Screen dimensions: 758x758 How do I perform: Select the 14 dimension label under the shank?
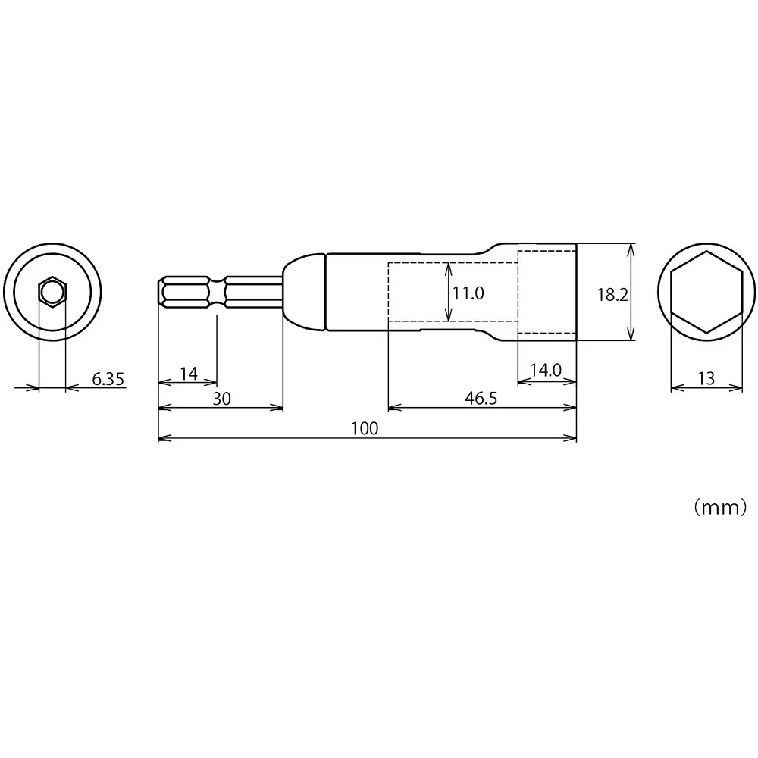(x=188, y=373)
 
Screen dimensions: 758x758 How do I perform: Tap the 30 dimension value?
(x=221, y=399)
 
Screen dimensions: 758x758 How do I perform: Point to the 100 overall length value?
(x=365, y=429)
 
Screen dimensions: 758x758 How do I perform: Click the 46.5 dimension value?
(x=481, y=399)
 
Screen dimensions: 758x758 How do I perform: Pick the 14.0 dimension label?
(x=545, y=370)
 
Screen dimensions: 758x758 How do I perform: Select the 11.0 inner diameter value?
(x=468, y=293)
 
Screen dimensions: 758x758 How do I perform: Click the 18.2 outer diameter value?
(x=612, y=295)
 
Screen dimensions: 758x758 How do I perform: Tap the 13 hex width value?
(x=706, y=378)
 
